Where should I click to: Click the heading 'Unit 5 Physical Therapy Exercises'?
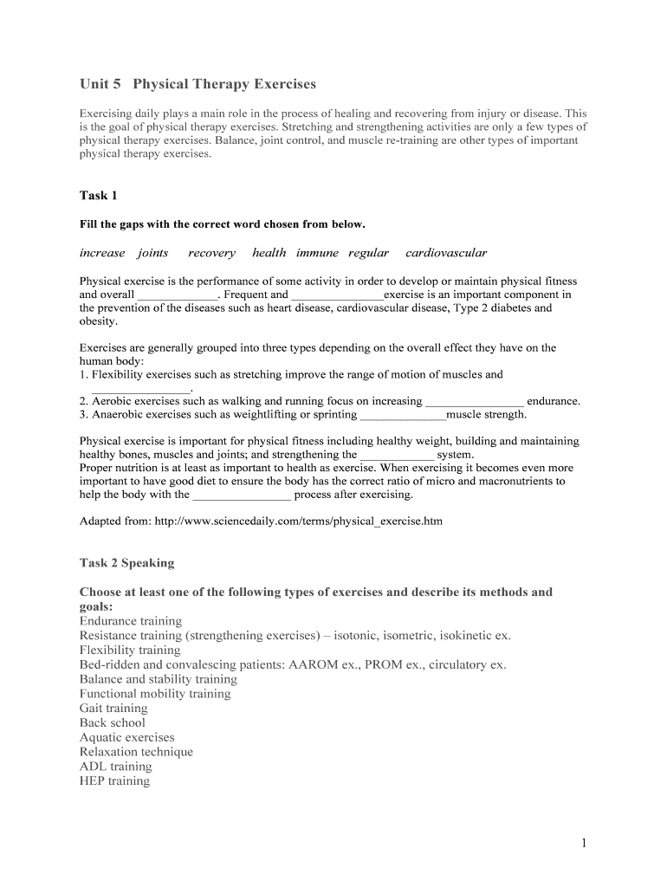pyautogui.click(x=198, y=84)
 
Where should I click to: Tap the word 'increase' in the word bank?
pyautogui.click(x=102, y=253)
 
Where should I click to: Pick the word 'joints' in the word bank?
pyautogui.click(x=152, y=253)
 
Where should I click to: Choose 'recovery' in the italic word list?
pyautogui.click(x=211, y=253)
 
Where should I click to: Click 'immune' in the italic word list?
pyautogui.click(x=317, y=253)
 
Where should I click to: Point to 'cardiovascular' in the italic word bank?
pyautogui.click(x=446, y=253)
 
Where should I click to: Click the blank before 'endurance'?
pyautogui.click(x=475, y=402)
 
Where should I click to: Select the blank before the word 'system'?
pyautogui.click(x=397, y=454)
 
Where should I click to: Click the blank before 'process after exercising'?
pyautogui.click(x=242, y=495)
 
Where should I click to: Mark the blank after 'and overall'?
pyautogui.click(x=178, y=295)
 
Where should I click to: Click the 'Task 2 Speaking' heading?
pyautogui.click(x=126, y=563)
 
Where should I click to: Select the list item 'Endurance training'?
pyautogui.click(x=131, y=621)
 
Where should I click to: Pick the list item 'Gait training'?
pyautogui.click(x=113, y=709)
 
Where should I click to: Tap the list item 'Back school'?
pyautogui.click(x=113, y=723)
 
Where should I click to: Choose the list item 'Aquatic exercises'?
pyautogui.click(x=126, y=738)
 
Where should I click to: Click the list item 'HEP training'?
pyautogui.click(x=114, y=781)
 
